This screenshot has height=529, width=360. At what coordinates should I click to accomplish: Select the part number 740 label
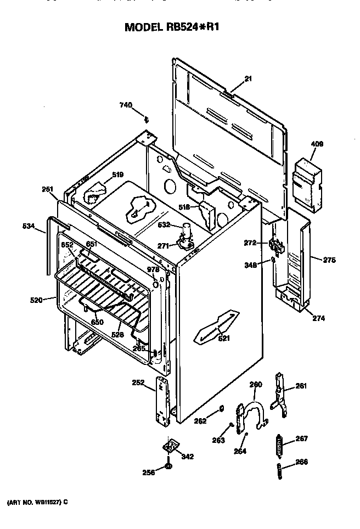point(126,105)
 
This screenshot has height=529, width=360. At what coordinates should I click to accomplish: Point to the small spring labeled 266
point(278,470)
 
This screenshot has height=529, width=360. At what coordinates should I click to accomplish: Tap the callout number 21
point(248,79)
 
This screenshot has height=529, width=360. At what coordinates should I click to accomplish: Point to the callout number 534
point(29,225)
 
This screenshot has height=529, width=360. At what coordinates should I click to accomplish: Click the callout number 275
point(329,260)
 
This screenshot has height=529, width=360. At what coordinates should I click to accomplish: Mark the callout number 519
point(118,175)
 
